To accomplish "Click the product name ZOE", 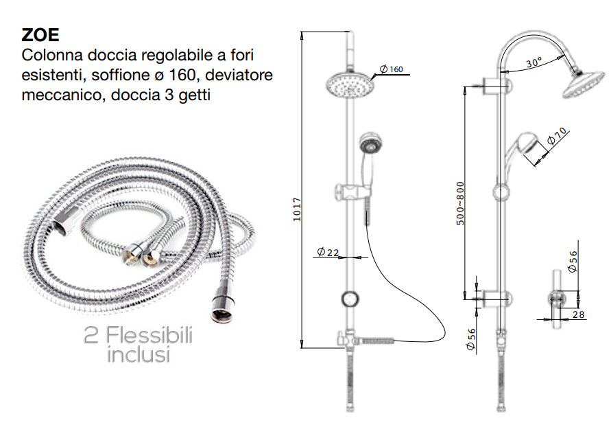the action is tap(40, 35).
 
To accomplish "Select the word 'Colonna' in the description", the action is tap(53, 56).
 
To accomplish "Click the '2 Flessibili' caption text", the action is tap(139, 336).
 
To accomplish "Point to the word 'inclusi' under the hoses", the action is tap(139, 355).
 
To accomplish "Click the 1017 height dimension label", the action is tap(297, 209).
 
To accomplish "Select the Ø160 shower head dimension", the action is tap(392, 69).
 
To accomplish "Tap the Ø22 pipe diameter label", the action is tap(328, 252).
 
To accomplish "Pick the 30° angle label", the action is tap(534, 62).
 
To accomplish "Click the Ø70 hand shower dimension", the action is tap(557, 136).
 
